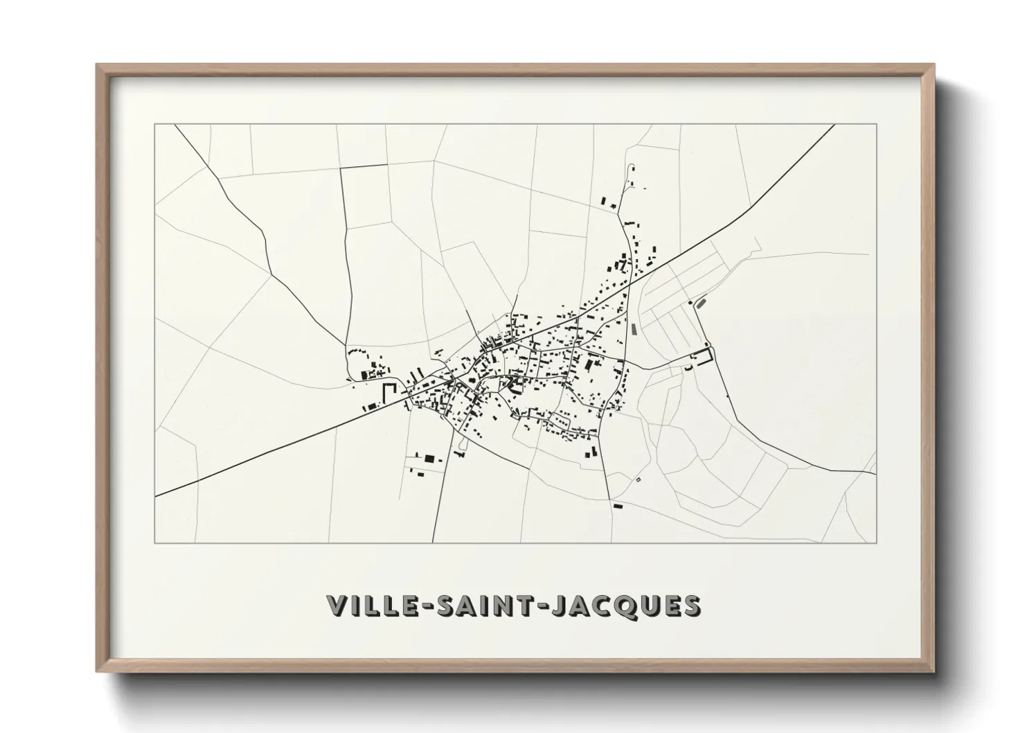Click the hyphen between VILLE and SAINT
[422, 606]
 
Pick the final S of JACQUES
[692, 605]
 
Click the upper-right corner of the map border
[876, 124]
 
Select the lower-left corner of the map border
[154, 542]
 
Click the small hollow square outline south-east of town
[639, 479]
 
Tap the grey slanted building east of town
[701, 302]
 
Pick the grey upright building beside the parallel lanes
[633, 328]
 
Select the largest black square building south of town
[429, 458]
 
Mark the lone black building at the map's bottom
[618, 506]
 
